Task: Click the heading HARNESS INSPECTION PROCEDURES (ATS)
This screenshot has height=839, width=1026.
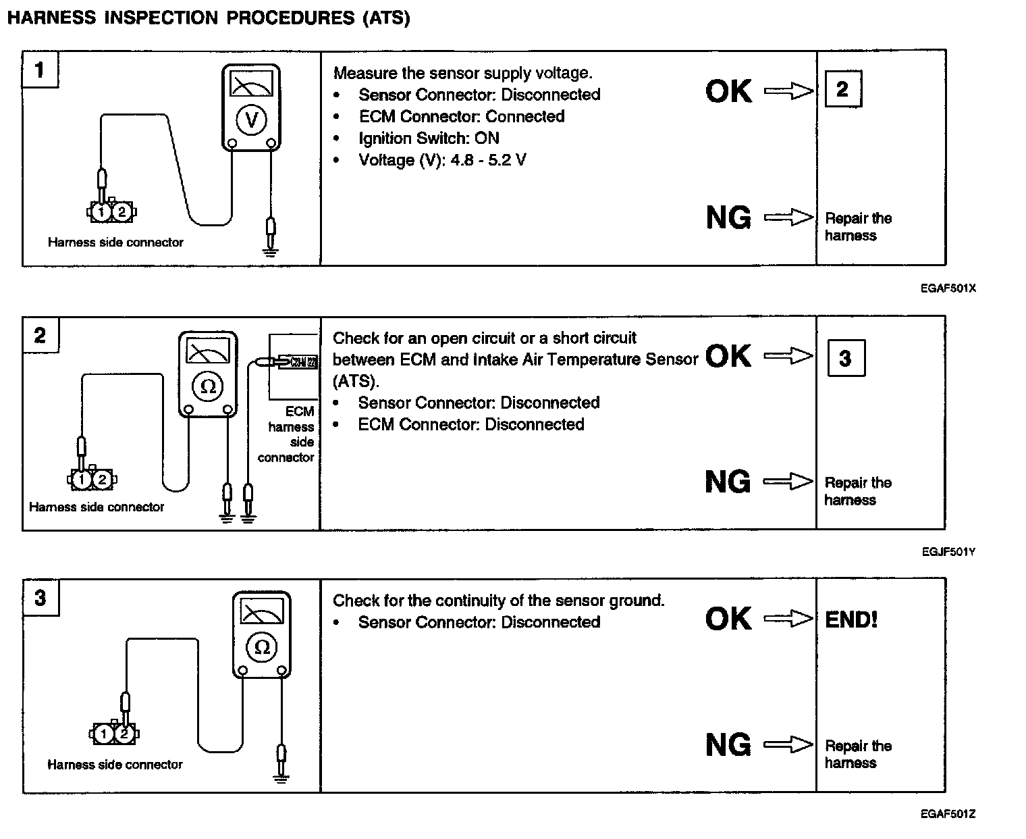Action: [208, 18]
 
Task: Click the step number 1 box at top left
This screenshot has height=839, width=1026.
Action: [40, 70]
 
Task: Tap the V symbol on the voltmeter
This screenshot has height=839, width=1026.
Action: [251, 120]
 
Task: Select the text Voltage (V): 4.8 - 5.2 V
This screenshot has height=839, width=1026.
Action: [442, 160]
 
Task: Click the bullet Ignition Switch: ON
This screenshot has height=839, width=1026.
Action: [429, 138]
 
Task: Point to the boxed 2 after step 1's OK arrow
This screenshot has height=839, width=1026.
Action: [842, 89]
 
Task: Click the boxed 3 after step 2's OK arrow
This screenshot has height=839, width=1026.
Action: [846, 358]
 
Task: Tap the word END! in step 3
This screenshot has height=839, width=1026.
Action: [851, 619]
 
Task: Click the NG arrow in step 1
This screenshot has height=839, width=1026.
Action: [788, 218]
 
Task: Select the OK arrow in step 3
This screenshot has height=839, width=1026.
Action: [788, 619]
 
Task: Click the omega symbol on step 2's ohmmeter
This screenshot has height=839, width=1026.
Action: [208, 386]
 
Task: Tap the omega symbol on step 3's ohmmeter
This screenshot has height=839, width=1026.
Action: [262, 647]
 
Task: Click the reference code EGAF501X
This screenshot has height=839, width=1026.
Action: [948, 288]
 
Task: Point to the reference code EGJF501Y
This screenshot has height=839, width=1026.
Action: [948, 552]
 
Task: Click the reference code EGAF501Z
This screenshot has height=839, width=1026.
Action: [948, 814]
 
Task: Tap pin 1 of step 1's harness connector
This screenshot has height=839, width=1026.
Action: [101, 212]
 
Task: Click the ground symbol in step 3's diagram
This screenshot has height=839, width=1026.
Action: [281, 776]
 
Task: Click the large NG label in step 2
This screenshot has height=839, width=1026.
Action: [728, 482]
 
